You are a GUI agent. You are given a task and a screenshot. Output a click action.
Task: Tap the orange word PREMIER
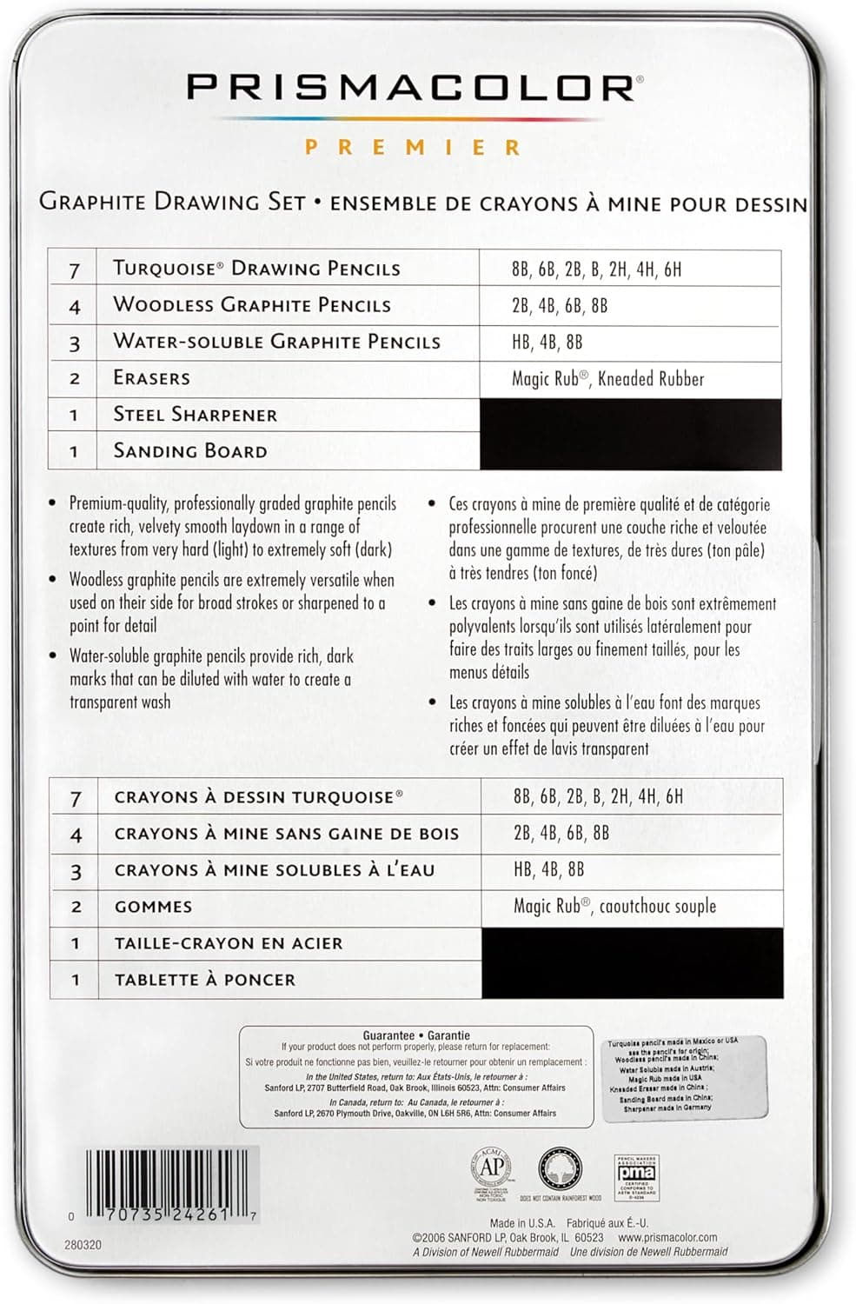(x=413, y=147)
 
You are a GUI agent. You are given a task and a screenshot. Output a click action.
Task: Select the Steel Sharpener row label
(x=195, y=415)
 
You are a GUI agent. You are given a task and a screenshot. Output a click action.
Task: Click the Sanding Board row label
(x=189, y=451)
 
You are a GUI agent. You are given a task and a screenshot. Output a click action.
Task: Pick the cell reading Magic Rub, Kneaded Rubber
(x=607, y=378)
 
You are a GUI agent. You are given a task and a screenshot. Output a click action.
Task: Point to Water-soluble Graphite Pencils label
(x=276, y=342)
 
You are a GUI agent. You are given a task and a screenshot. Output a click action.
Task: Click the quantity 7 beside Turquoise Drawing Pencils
(x=75, y=269)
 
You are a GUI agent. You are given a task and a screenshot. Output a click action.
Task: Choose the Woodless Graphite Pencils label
(x=251, y=305)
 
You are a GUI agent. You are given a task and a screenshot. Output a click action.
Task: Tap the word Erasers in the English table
(x=151, y=378)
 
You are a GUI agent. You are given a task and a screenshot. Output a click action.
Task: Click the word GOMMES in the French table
(x=153, y=907)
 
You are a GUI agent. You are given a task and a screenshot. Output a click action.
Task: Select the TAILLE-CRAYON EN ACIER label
(x=228, y=943)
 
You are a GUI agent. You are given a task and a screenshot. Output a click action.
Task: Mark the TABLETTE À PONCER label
(x=204, y=980)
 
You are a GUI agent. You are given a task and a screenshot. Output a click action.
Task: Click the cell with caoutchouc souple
(x=614, y=906)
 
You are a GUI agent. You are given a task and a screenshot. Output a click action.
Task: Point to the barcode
(x=172, y=1181)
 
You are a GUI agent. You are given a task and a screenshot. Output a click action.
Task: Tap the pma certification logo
(x=636, y=1174)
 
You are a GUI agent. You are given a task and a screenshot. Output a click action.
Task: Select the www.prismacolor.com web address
(x=667, y=1237)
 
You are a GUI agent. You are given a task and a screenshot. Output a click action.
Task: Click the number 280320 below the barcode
(x=83, y=1245)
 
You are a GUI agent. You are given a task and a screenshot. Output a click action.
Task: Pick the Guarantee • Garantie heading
(x=416, y=1035)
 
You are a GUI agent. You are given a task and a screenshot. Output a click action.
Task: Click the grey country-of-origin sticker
(x=685, y=1078)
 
